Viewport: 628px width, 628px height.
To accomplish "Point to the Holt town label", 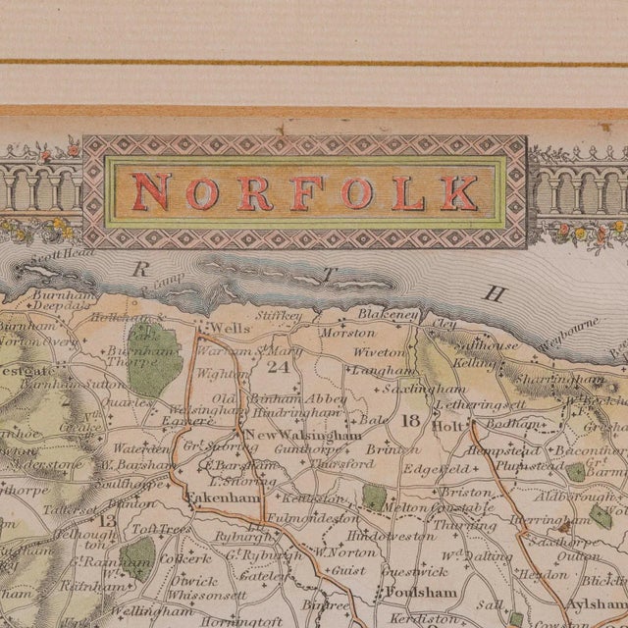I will click(x=447, y=425).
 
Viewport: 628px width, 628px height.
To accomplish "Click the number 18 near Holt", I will click(x=410, y=421).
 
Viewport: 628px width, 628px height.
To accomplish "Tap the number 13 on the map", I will click(x=107, y=520).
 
